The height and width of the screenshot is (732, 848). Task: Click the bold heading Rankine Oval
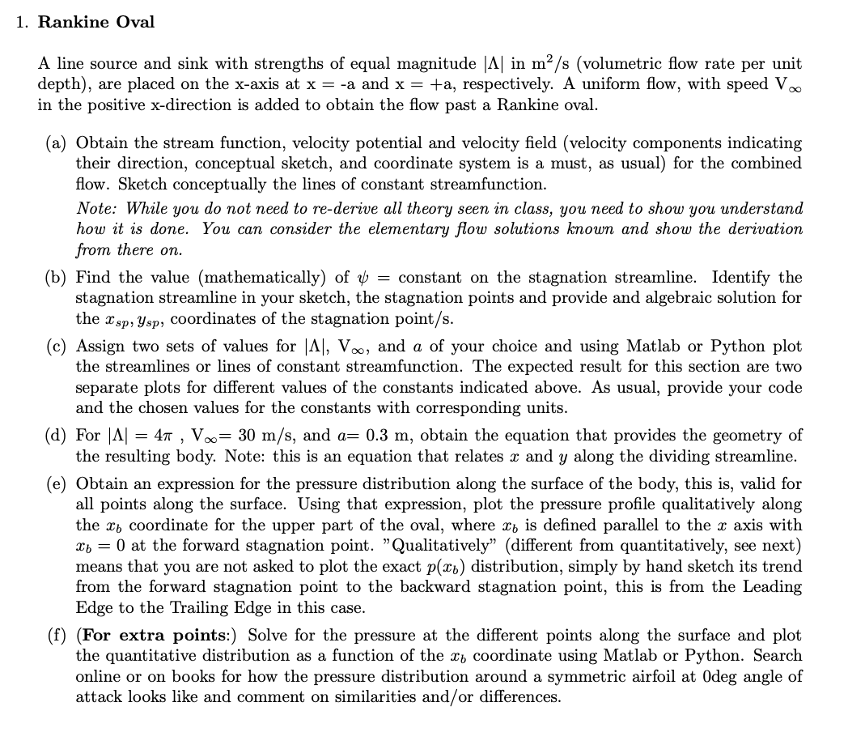click(96, 22)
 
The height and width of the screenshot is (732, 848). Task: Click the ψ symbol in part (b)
click(362, 279)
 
